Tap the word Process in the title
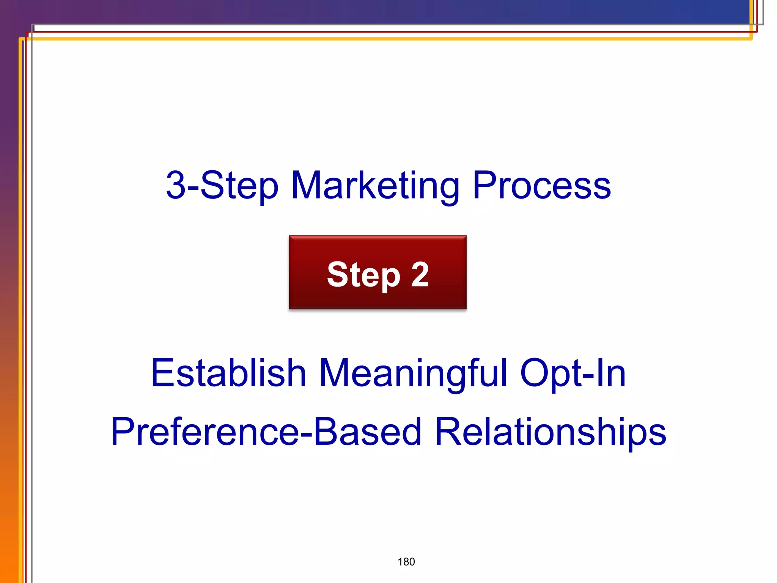[541, 186]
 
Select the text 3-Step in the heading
[222, 186]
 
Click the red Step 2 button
[377, 272]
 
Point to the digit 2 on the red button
[420, 274]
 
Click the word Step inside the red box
[363, 275]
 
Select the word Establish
[228, 373]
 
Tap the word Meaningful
[413, 374]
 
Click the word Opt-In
[573, 373]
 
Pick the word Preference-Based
[266, 432]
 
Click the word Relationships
[550, 432]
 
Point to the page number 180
[406, 562]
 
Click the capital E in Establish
[162, 373]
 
